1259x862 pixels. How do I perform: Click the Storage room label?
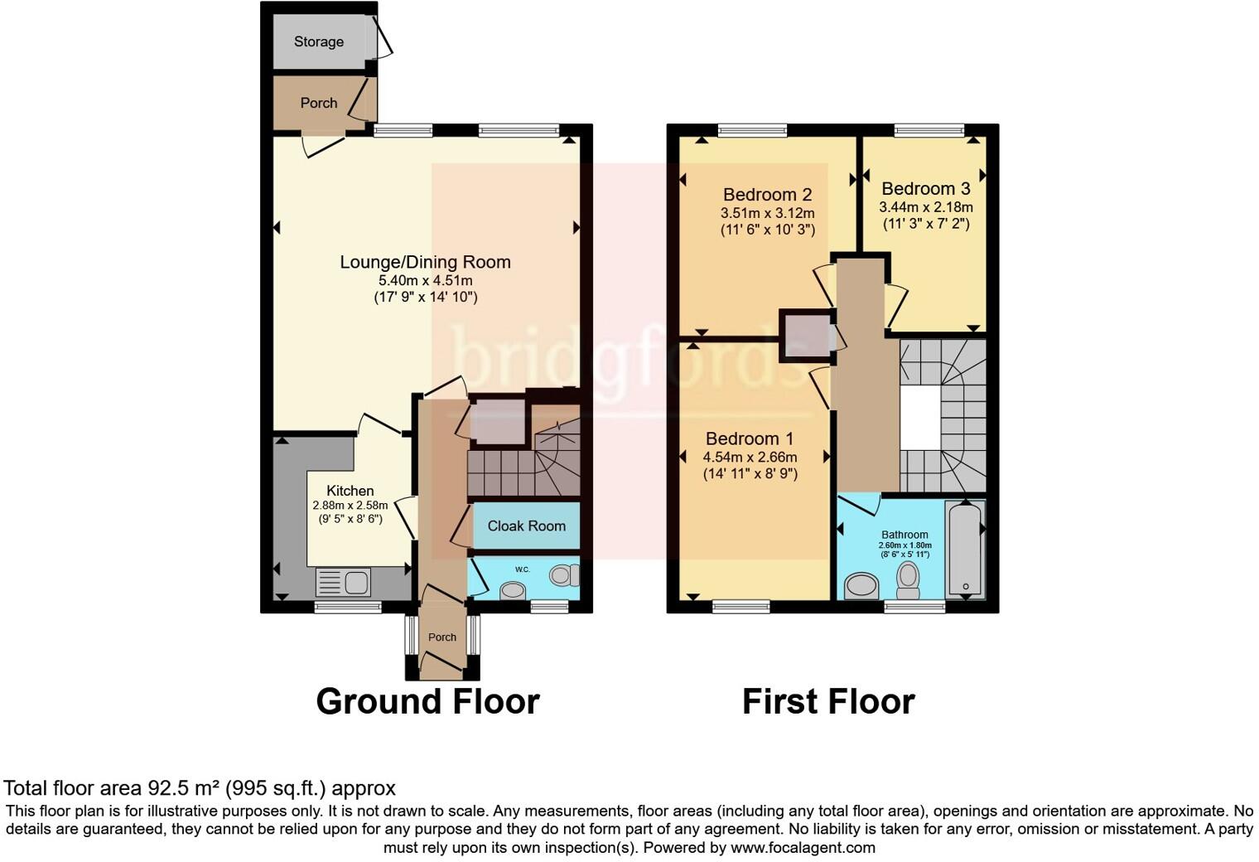click(x=319, y=41)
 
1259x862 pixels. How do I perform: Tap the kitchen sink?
click(x=343, y=581)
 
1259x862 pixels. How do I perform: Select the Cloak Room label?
click(x=526, y=525)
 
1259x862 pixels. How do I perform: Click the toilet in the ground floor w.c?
click(x=564, y=574)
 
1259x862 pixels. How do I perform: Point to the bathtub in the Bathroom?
click(x=965, y=548)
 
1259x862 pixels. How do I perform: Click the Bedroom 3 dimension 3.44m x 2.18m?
click(x=926, y=207)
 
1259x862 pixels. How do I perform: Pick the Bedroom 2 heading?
click(x=767, y=195)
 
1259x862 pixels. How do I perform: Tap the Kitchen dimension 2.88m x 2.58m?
click(x=350, y=506)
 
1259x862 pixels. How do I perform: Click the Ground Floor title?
click(x=427, y=701)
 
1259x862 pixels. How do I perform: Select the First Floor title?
click(x=828, y=701)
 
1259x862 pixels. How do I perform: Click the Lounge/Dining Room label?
click(x=426, y=262)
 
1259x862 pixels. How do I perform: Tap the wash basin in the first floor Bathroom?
click(x=861, y=585)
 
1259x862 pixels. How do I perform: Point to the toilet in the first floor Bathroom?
click(x=907, y=580)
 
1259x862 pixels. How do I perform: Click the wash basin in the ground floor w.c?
click(x=512, y=589)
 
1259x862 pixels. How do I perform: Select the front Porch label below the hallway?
click(x=441, y=637)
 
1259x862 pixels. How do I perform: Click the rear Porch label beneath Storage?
click(x=319, y=103)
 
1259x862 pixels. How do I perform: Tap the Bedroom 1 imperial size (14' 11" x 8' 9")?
click(x=750, y=474)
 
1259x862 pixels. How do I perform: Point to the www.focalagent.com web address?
click(x=803, y=847)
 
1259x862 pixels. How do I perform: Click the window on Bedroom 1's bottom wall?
click(x=741, y=606)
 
